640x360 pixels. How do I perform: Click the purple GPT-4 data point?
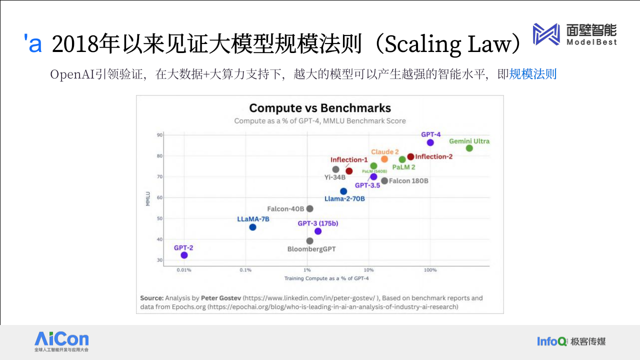tap(430, 142)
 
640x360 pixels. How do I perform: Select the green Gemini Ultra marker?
tap(469, 148)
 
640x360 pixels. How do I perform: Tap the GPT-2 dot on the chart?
tap(184, 255)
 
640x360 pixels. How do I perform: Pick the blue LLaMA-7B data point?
tap(252, 227)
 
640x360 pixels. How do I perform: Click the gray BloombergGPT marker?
tap(309, 241)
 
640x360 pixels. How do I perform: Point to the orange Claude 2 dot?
tap(384, 159)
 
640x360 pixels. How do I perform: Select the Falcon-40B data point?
tap(309, 208)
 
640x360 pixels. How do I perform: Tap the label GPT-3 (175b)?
tap(317, 223)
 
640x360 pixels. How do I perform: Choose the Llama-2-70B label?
tap(344, 198)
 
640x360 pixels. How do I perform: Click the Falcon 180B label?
tap(408, 181)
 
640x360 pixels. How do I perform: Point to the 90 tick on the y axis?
tap(159, 135)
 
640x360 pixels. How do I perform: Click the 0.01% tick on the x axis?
tap(184, 270)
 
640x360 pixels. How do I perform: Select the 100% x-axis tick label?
tap(430, 270)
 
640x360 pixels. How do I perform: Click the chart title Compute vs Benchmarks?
tap(320, 108)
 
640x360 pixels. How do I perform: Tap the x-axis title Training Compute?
tap(326, 278)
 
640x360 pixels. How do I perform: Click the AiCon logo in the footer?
tap(61, 341)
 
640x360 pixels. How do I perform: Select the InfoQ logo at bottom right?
tap(552, 341)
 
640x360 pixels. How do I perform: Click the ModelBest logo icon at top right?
tap(546, 34)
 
